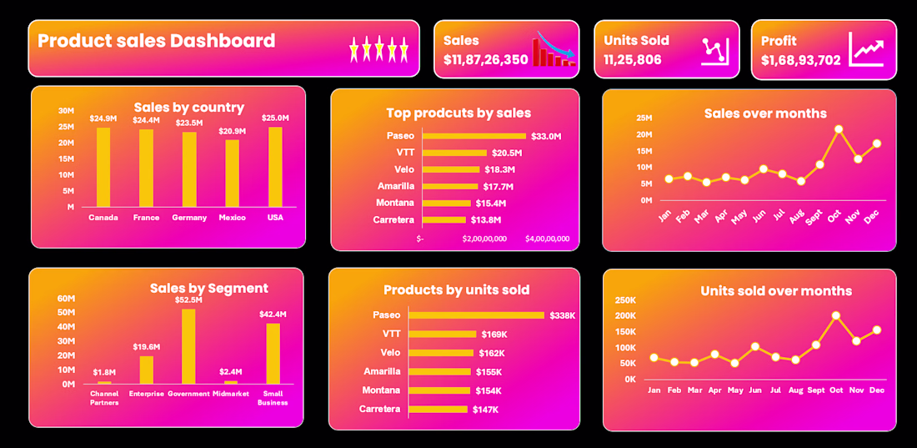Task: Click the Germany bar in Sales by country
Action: [190, 169]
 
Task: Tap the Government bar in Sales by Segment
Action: [188, 346]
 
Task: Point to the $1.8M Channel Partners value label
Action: [104, 371]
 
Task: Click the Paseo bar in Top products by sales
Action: [474, 136]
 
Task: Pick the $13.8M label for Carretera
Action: [486, 219]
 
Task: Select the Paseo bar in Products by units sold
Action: [476, 315]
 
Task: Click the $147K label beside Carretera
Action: [484, 410]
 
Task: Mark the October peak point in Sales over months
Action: [839, 129]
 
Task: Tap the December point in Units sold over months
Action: [877, 330]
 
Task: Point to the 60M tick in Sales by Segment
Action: [66, 299]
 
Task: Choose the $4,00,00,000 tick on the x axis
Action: [547, 239]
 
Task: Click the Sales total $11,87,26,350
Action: [485, 60]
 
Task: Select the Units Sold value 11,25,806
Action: [633, 60]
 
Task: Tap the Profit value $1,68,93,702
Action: [800, 60]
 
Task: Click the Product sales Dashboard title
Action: [156, 41]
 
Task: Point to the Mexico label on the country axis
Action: [232, 218]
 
